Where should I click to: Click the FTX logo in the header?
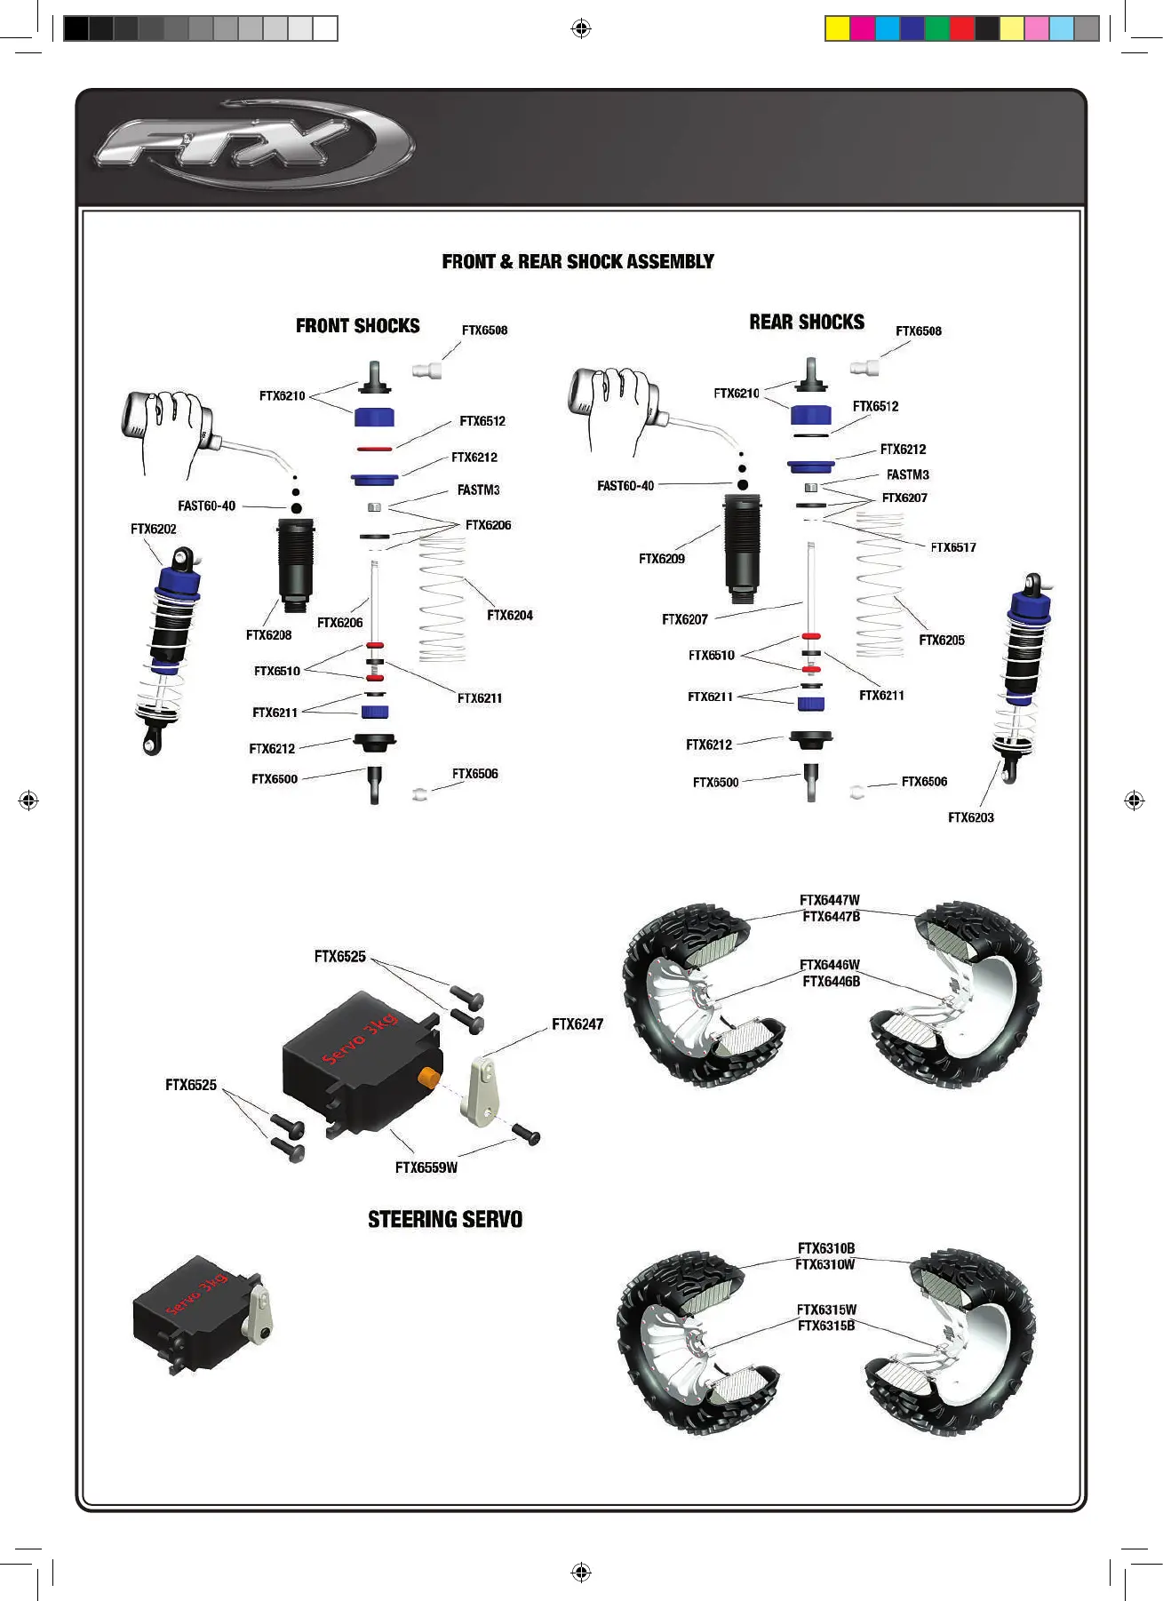(x=253, y=145)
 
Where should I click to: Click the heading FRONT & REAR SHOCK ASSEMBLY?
(x=578, y=261)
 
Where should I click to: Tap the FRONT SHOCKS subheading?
(x=357, y=326)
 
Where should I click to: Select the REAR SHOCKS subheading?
(x=806, y=322)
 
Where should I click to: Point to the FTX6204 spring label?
(x=509, y=615)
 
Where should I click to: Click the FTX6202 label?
(x=154, y=529)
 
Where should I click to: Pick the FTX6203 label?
(x=970, y=817)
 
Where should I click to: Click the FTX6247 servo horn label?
(x=578, y=1024)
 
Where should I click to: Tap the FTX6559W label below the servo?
(x=426, y=1167)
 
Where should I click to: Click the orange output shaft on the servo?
(x=429, y=1078)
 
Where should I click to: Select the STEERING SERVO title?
(x=445, y=1219)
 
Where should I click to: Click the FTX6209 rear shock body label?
(x=662, y=559)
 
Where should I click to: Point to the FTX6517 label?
(x=952, y=547)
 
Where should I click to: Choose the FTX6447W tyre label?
(x=830, y=900)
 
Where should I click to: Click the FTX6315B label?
(x=826, y=1326)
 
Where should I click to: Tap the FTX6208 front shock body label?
(x=268, y=634)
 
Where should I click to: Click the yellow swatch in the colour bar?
(x=837, y=28)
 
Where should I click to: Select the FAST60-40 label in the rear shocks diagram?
(x=625, y=486)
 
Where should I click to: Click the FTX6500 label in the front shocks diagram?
(x=275, y=779)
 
